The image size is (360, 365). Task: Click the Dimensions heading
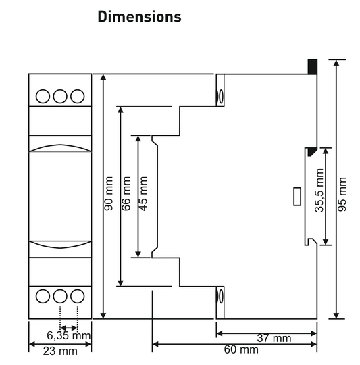[139, 17]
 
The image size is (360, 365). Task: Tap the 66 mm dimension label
[126, 195]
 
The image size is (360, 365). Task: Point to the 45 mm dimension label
[143, 195]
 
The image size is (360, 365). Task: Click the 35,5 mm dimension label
[319, 195]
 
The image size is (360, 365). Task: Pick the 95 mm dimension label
[342, 195]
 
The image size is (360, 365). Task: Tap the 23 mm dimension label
[60, 351]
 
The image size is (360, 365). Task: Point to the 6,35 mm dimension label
[68, 336]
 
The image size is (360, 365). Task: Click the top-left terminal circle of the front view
[43, 96]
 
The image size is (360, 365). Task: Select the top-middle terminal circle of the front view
[60, 96]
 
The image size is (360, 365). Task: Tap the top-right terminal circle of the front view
[77, 96]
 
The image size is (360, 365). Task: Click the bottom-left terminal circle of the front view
[43, 295]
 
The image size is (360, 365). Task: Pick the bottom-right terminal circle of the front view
[77, 295]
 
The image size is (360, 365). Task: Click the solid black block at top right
[313, 66]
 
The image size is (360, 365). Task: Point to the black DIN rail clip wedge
[311, 153]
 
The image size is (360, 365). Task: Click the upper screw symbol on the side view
[219, 96]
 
